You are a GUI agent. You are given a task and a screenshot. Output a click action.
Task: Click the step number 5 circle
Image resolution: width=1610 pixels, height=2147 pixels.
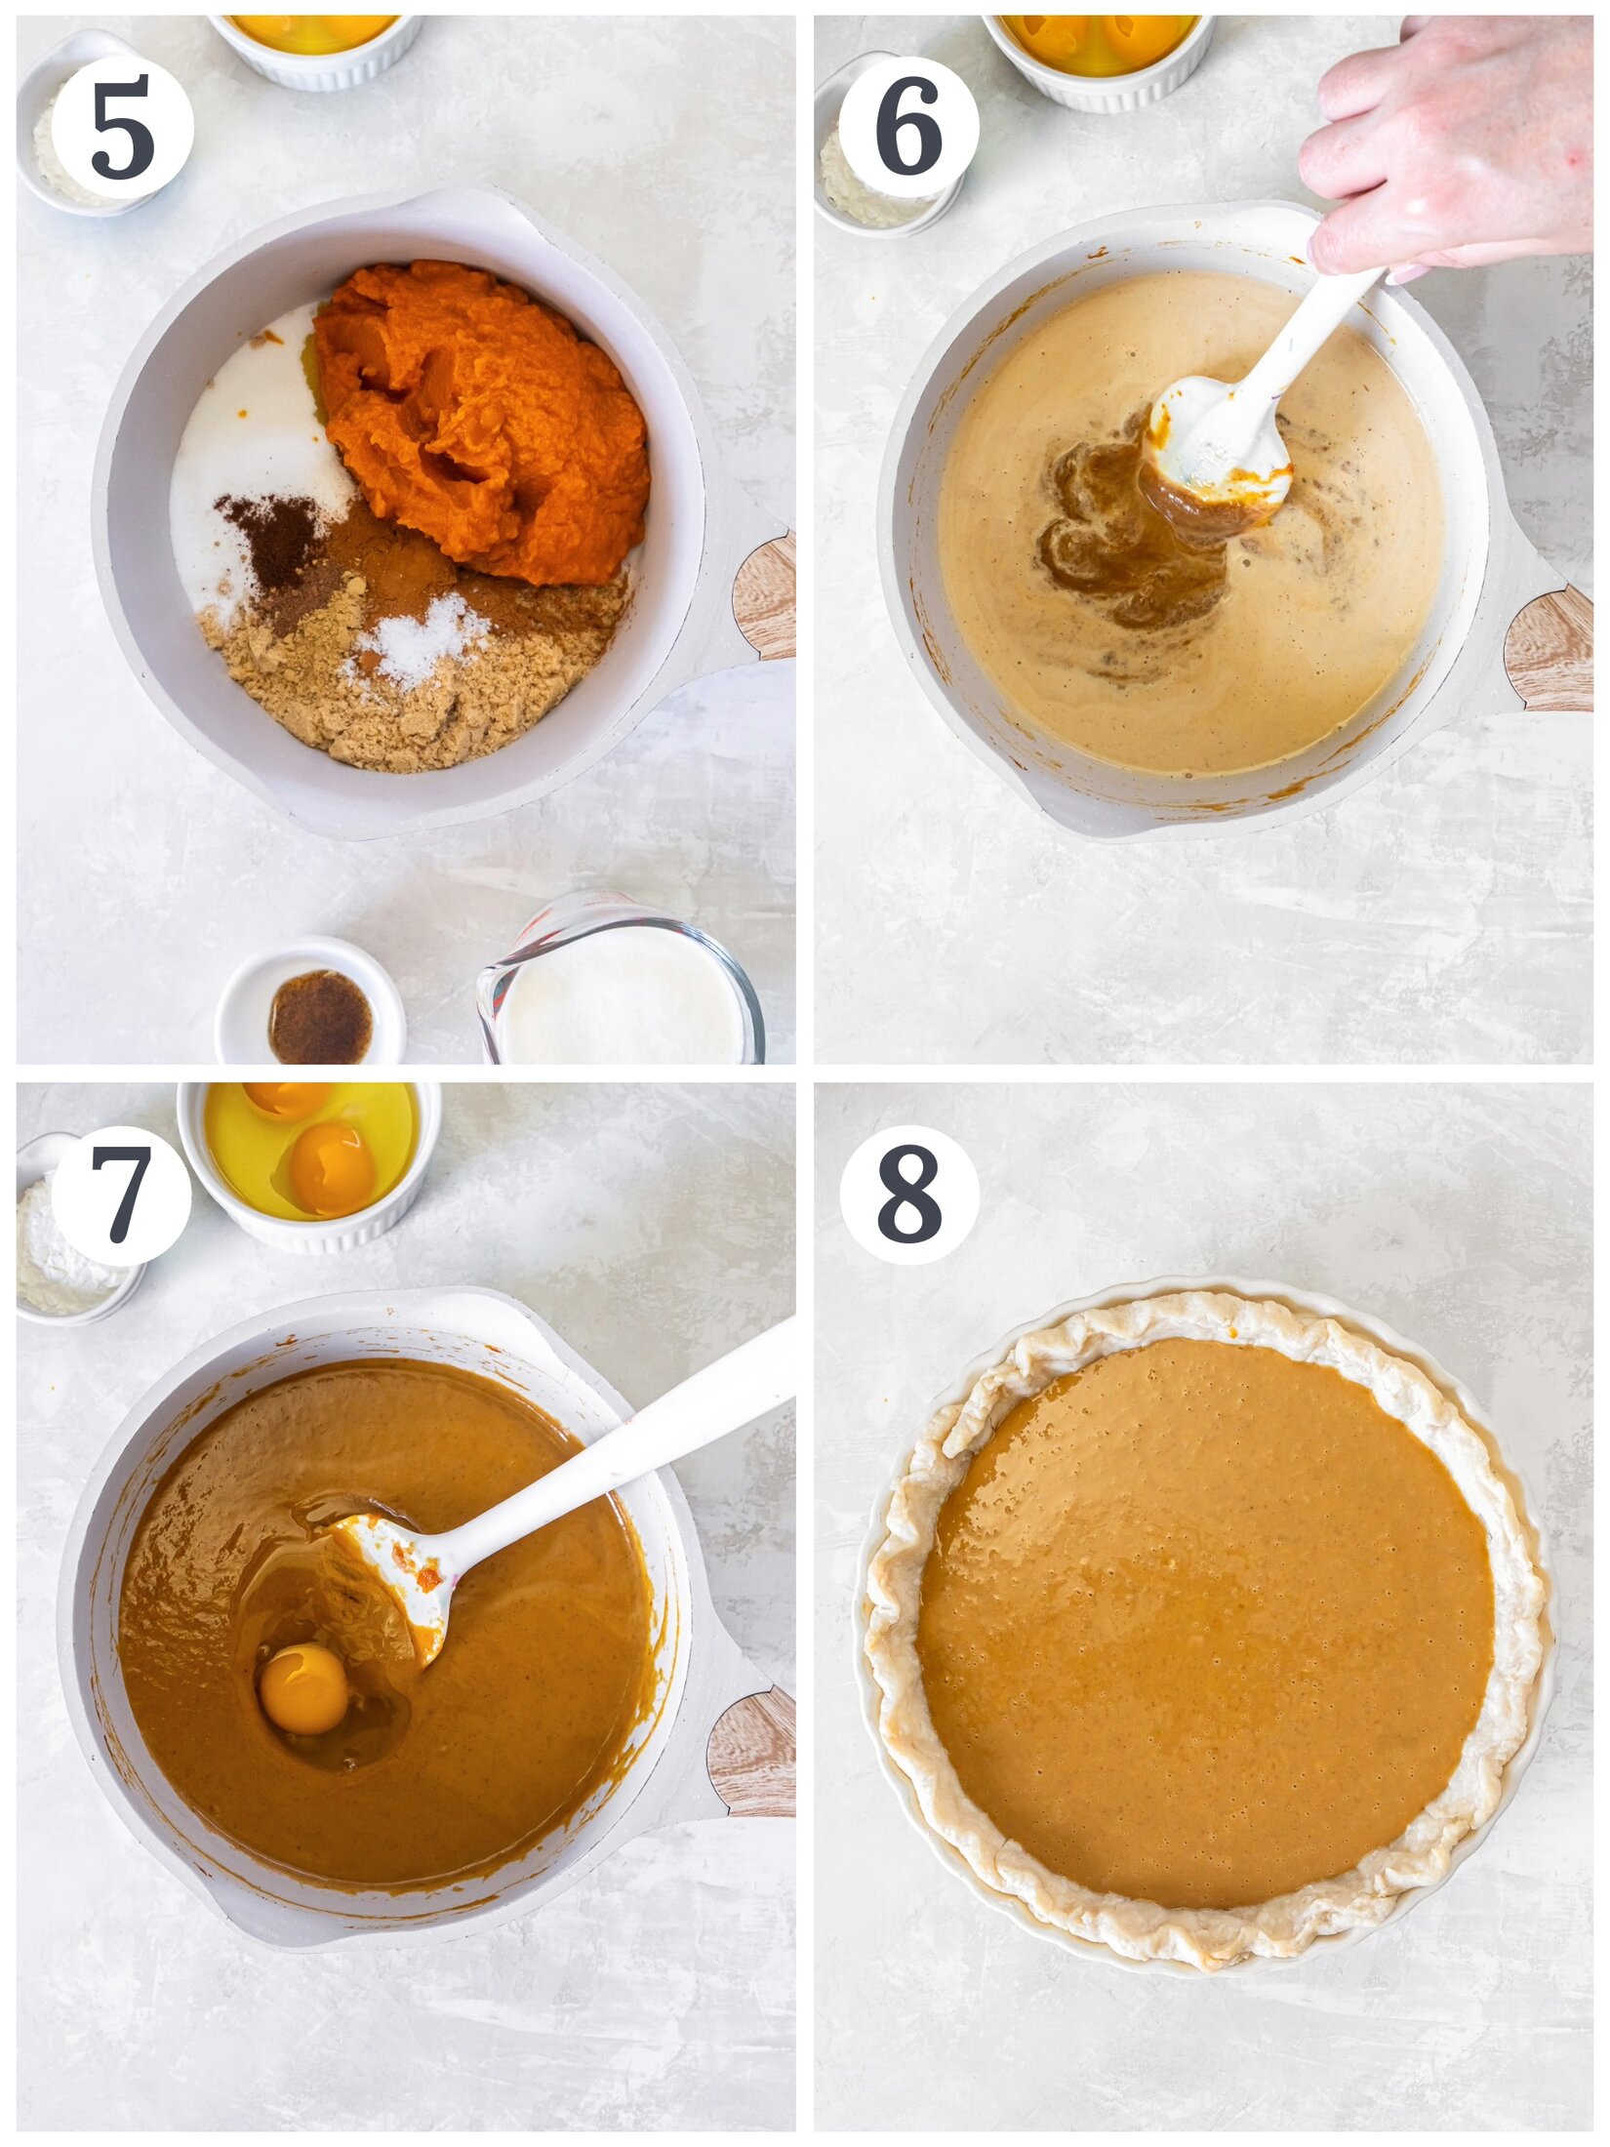coord(122,127)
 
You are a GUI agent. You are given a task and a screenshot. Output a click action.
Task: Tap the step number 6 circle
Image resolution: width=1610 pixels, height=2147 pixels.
coord(908,127)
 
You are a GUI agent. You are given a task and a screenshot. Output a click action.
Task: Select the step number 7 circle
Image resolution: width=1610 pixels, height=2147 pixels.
coord(121,1195)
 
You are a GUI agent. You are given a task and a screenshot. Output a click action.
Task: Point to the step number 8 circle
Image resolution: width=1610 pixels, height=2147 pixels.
coord(908,1195)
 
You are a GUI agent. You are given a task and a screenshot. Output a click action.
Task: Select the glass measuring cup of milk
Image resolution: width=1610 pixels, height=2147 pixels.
coord(620,991)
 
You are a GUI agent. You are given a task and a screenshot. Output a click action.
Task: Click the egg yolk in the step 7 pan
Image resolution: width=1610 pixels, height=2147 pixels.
coord(303,1688)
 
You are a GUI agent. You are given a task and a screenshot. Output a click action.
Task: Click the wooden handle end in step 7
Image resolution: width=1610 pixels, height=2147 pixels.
coord(753,1752)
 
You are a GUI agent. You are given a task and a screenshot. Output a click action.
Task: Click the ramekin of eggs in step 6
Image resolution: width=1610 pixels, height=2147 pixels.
coord(1098,54)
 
